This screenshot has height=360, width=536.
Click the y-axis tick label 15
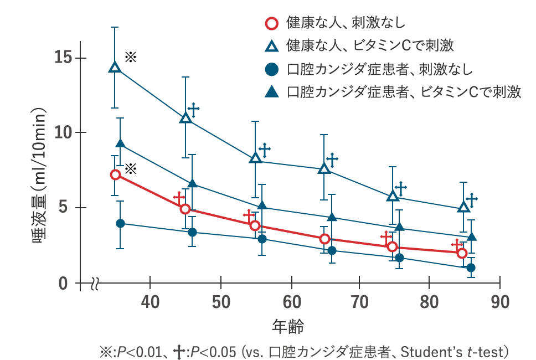(63, 57)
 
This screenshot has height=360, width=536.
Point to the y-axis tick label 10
(63, 132)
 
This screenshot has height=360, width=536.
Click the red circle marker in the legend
(271, 24)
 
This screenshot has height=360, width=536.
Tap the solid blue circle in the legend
(271, 69)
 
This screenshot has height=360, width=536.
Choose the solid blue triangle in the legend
(271, 92)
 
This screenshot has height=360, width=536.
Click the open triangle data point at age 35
(115, 67)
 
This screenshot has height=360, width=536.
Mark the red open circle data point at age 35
(115, 174)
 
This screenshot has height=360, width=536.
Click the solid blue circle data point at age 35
(120, 223)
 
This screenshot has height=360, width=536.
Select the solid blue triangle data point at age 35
(120, 144)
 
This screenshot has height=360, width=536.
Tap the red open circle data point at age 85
(462, 253)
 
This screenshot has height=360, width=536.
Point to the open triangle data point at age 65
(324, 168)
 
